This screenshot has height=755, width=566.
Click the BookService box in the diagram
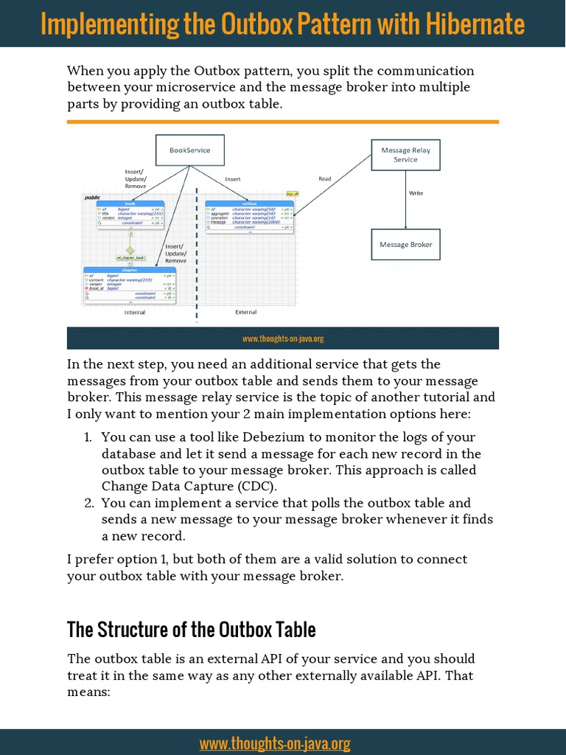point(189,150)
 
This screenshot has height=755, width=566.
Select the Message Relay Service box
point(405,155)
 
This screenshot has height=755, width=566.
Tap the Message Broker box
point(405,244)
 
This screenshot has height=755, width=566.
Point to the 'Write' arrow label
point(416,193)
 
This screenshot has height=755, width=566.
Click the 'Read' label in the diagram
point(325,178)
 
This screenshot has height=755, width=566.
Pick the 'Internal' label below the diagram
point(134,312)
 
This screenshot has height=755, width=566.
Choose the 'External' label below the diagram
point(245,312)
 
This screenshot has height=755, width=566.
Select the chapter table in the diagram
point(129,285)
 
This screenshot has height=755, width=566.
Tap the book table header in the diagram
point(130,203)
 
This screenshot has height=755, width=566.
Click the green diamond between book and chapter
point(130,251)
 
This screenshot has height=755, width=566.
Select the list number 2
point(88,503)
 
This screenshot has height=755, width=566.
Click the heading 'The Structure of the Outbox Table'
point(192,630)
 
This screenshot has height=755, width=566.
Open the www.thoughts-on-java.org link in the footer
point(274,743)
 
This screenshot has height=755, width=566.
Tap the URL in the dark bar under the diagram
point(283,339)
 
